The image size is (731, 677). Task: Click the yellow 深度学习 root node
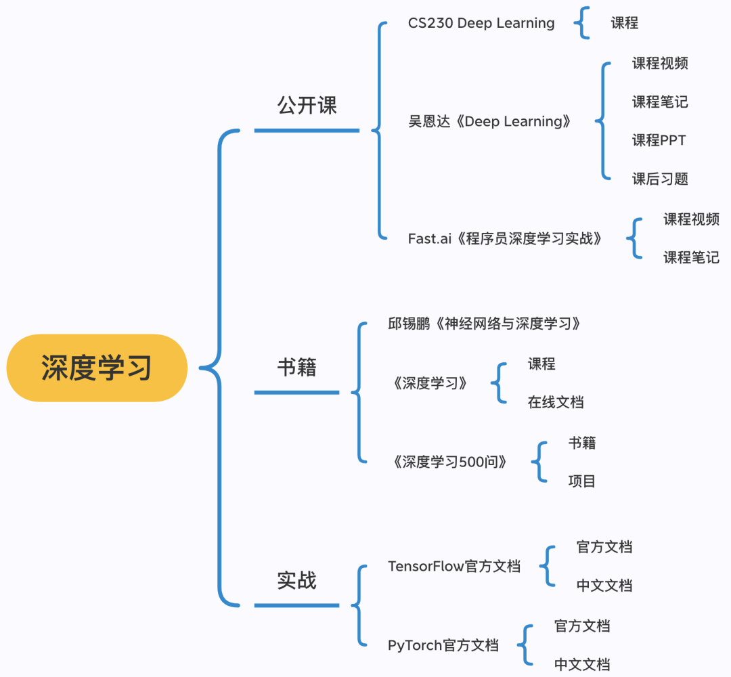[96, 368]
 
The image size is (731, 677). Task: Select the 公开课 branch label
[307, 105]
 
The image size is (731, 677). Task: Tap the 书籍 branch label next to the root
[296, 368]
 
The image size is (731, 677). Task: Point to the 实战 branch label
[296, 580]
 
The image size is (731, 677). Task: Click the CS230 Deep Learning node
[481, 23]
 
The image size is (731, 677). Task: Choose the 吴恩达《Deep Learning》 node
[490, 122]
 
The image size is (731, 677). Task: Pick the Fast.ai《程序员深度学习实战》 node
[504, 238]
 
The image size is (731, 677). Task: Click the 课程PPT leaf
[659, 140]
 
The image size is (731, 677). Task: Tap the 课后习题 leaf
[660, 179]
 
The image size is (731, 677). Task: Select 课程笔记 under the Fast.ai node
[691, 257]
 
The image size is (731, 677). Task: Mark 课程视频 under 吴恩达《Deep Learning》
[660, 64]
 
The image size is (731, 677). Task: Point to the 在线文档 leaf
[555, 402]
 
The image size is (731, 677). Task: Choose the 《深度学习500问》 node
[449, 462]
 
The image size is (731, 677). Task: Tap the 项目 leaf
[581, 481]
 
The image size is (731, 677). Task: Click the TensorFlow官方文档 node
[454, 566]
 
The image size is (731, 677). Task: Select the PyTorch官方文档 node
[443, 645]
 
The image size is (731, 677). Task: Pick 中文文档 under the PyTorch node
[581, 664]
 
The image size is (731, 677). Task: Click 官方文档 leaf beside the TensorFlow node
[604, 547]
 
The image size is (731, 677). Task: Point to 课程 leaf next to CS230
[624, 23]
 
